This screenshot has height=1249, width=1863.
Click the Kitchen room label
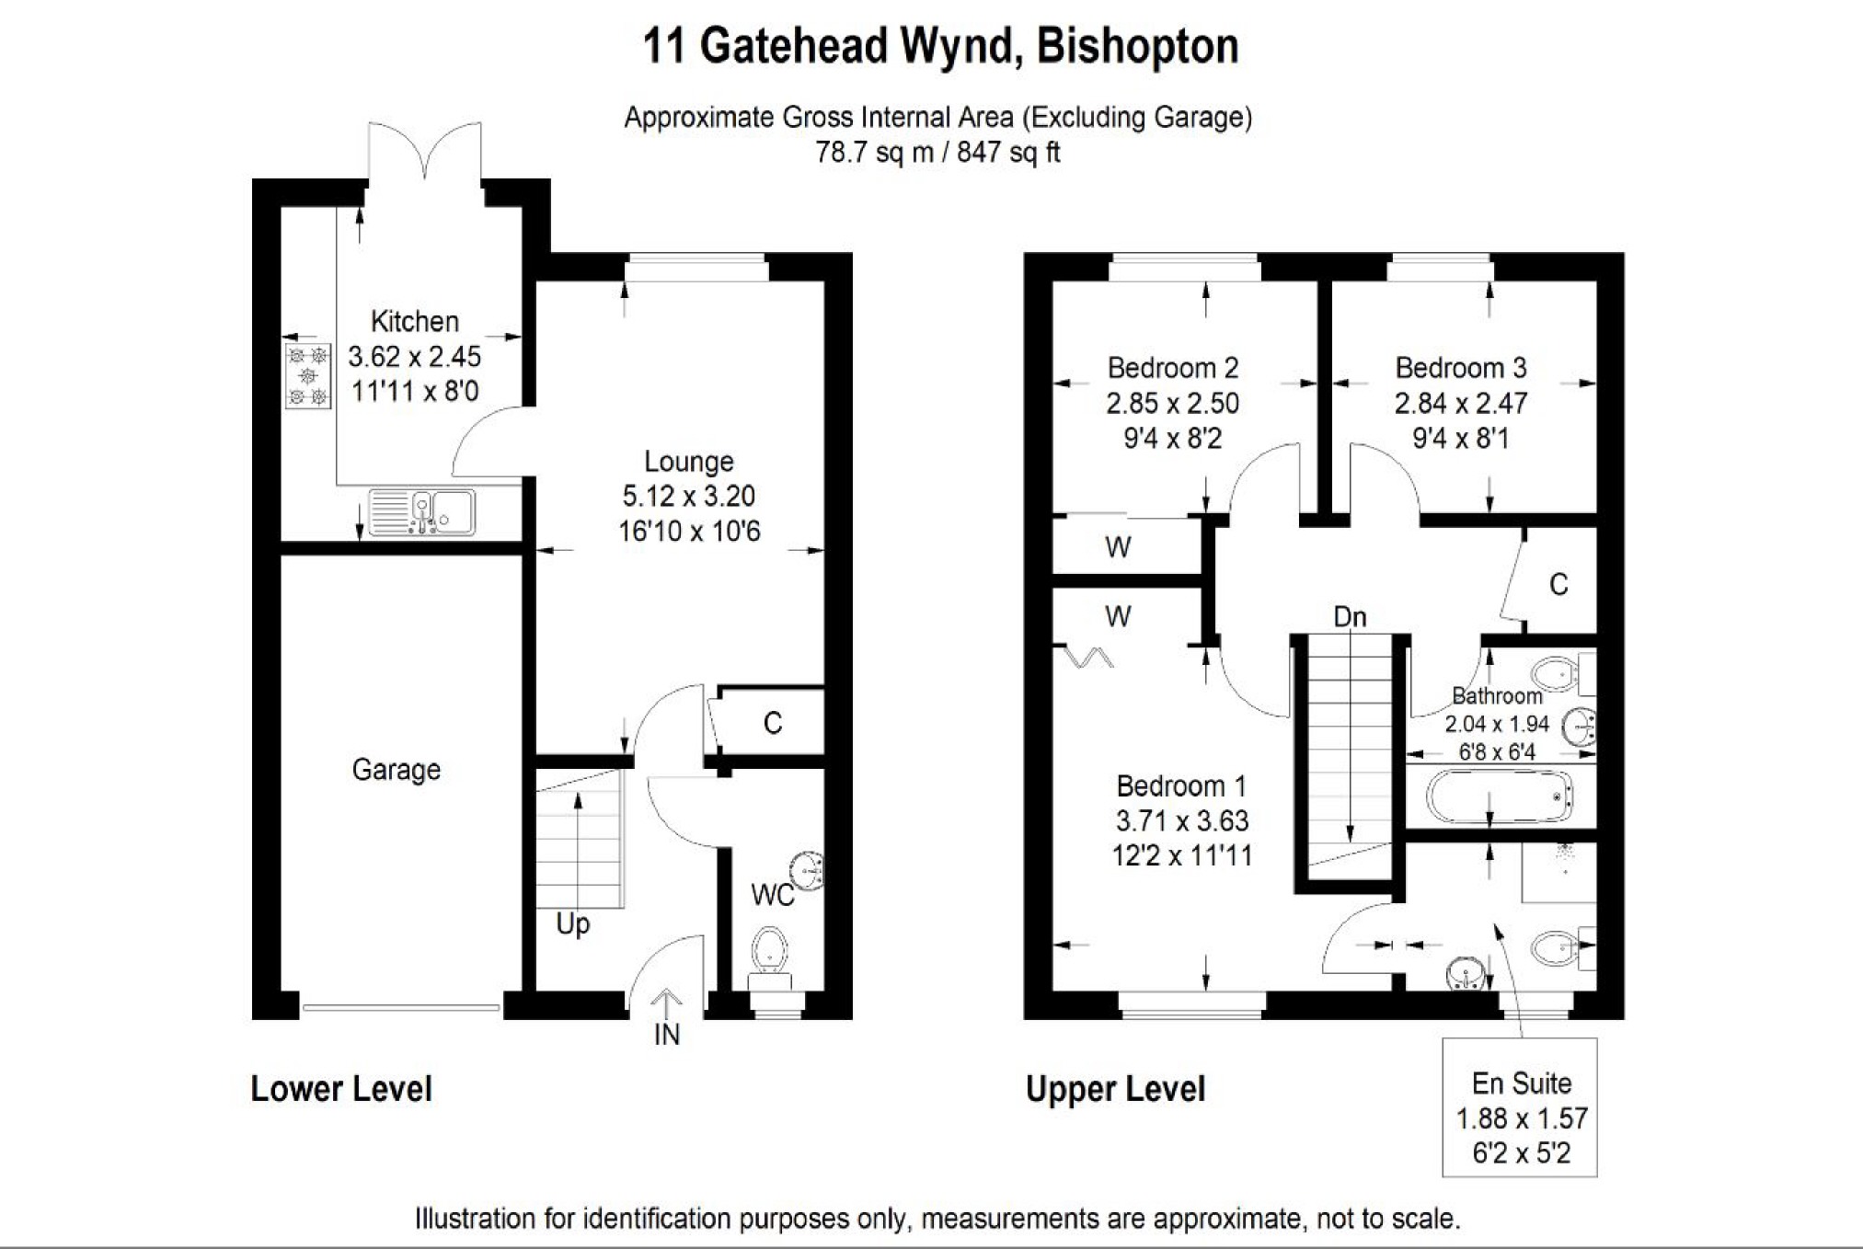pyautogui.click(x=414, y=321)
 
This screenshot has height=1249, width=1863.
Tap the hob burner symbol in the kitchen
pyautogui.click(x=307, y=376)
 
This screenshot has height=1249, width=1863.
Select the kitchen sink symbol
pyautogui.click(x=421, y=512)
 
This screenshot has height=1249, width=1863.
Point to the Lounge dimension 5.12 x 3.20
pyautogui.click(x=688, y=496)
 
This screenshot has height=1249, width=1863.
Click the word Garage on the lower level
pyautogui.click(x=396, y=769)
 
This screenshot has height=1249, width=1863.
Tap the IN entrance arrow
pyautogui.click(x=666, y=1003)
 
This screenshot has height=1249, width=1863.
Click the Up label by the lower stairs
pyautogui.click(x=572, y=923)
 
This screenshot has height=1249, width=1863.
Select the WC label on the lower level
pyautogui.click(x=772, y=895)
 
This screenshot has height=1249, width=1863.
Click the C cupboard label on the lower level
pyautogui.click(x=773, y=724)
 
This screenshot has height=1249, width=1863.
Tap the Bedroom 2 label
pyautogui.click(x=1172, y=368)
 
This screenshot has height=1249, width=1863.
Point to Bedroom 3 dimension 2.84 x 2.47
pyautogui.click(x=1460, y=403)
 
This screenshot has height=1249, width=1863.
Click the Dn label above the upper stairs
pyautogui.click(x=1350, y=616)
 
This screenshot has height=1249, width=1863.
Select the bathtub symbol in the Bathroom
pyautogui.click(x=1498, y=796)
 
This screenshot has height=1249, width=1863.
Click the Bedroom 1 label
pyautogui.click(x=1181, y=785)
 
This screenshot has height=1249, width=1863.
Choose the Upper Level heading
pyautogui.click(x=1115, y=1089)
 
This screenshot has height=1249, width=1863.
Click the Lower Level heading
pyautogui.click(x=340, y=1089)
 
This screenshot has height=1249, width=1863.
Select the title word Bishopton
pyautogui.click(x=1138, y=46)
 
